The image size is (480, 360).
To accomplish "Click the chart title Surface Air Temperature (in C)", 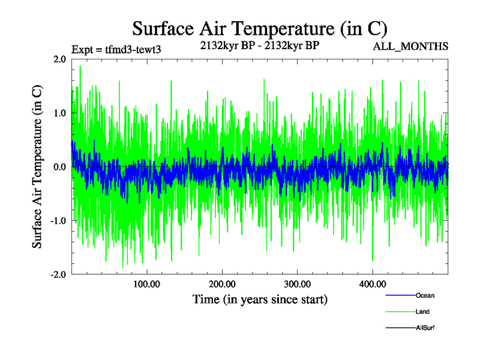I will (x=259, y=29).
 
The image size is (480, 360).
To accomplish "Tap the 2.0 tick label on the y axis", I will (x=59, y=59).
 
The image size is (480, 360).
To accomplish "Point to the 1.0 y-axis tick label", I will (x=59, y=113).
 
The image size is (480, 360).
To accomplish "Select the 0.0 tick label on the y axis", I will (x=59, y=167).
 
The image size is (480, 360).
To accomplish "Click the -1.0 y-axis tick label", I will (x=58, y=221).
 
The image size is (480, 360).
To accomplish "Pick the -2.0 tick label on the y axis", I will (x=58, y=274).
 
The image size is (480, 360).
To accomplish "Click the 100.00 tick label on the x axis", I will (x=146, y=284).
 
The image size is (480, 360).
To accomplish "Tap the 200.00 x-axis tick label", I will (x=222, y=284).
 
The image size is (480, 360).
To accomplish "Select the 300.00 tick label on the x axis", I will (x=297, y=284).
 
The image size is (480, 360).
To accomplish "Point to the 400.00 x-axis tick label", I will (x=372, y=284).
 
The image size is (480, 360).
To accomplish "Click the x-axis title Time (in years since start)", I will (x=260, y=299).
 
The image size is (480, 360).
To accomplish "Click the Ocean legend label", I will (x=425, y=295).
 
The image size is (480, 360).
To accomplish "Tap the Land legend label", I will (x=422, y=312).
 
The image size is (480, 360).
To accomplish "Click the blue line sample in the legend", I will (x=400, y=295).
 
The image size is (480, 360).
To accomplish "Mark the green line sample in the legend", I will (x=400, y=312).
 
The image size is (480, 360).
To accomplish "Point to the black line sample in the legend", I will (x=400, y=328).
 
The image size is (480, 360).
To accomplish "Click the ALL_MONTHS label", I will (x=410, y=46).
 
